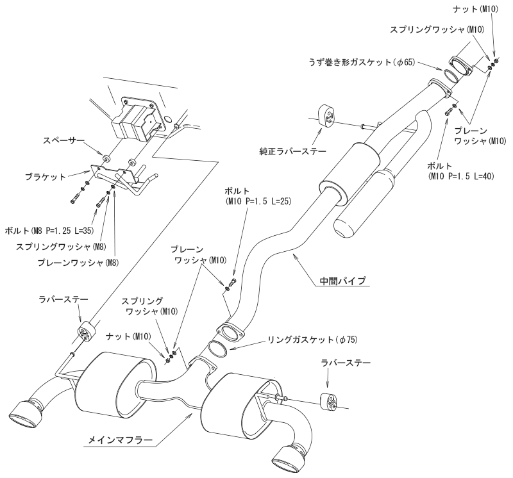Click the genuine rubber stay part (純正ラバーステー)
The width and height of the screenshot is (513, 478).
(327, 114)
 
